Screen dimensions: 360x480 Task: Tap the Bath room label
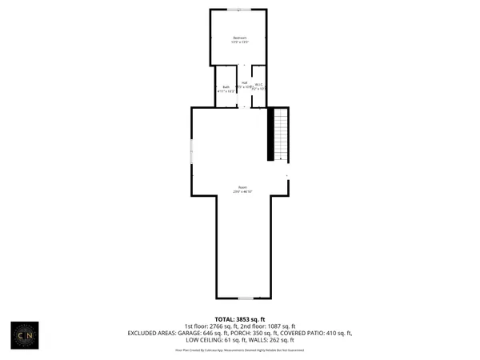tap(226, 86)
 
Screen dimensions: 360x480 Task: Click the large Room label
tap(242, 187)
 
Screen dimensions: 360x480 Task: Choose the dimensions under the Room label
tap(242, 192)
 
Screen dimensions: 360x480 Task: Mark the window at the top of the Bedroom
tap(238, 10)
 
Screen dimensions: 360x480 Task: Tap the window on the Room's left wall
tap(191, 151)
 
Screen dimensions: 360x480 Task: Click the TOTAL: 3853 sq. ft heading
tap(240, 319)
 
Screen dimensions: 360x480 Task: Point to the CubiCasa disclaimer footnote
tap(240, 350)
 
